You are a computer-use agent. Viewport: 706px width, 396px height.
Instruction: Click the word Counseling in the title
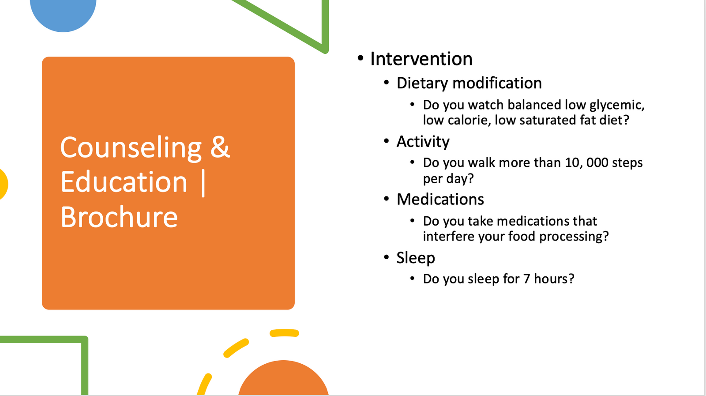tap(131, 148)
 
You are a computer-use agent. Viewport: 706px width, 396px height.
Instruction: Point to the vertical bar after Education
tap(203, 183)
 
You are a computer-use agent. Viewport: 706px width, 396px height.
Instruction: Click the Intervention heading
tap(421, 59)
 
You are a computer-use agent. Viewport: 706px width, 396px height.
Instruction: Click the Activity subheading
tap(423, 142)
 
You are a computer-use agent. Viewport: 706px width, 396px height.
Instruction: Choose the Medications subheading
tap(440, 199)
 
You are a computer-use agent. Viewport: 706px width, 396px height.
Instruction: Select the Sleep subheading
tap(415, 258)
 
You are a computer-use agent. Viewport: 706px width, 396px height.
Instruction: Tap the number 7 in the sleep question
tap(526, 279)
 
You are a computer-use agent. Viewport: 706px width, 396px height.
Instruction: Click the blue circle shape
tap(63, 14)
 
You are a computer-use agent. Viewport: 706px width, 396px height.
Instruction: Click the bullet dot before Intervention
tap(361, 58)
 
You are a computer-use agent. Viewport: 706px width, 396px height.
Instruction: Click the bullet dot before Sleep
tap(387, 257)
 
